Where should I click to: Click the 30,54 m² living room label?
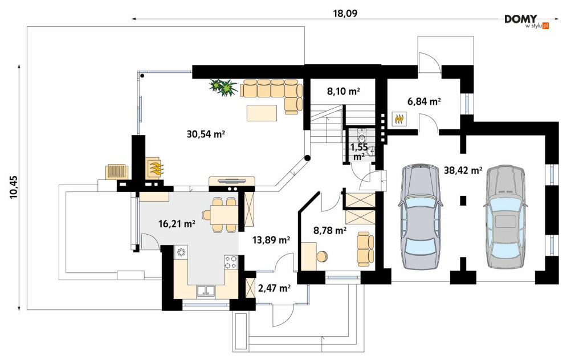[206, 134]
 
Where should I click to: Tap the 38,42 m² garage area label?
[463, 170]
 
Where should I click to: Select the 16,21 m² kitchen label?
[177, 224]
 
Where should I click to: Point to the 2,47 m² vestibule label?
[275, 288]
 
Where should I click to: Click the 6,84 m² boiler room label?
[424, 101]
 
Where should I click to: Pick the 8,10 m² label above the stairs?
[344, 92]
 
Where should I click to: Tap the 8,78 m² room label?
[330, 230]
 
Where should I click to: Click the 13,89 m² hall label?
[271, 240]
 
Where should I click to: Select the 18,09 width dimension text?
[345, 13]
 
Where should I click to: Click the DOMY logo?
[526, 21]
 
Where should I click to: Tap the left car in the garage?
[421, 216]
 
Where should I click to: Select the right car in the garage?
[505, 216]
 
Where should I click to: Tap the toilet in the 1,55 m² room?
[361, 136]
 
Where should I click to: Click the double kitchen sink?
[206, 291]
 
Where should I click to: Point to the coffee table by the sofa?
[262, 113]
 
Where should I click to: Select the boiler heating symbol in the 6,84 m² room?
[399, 118]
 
